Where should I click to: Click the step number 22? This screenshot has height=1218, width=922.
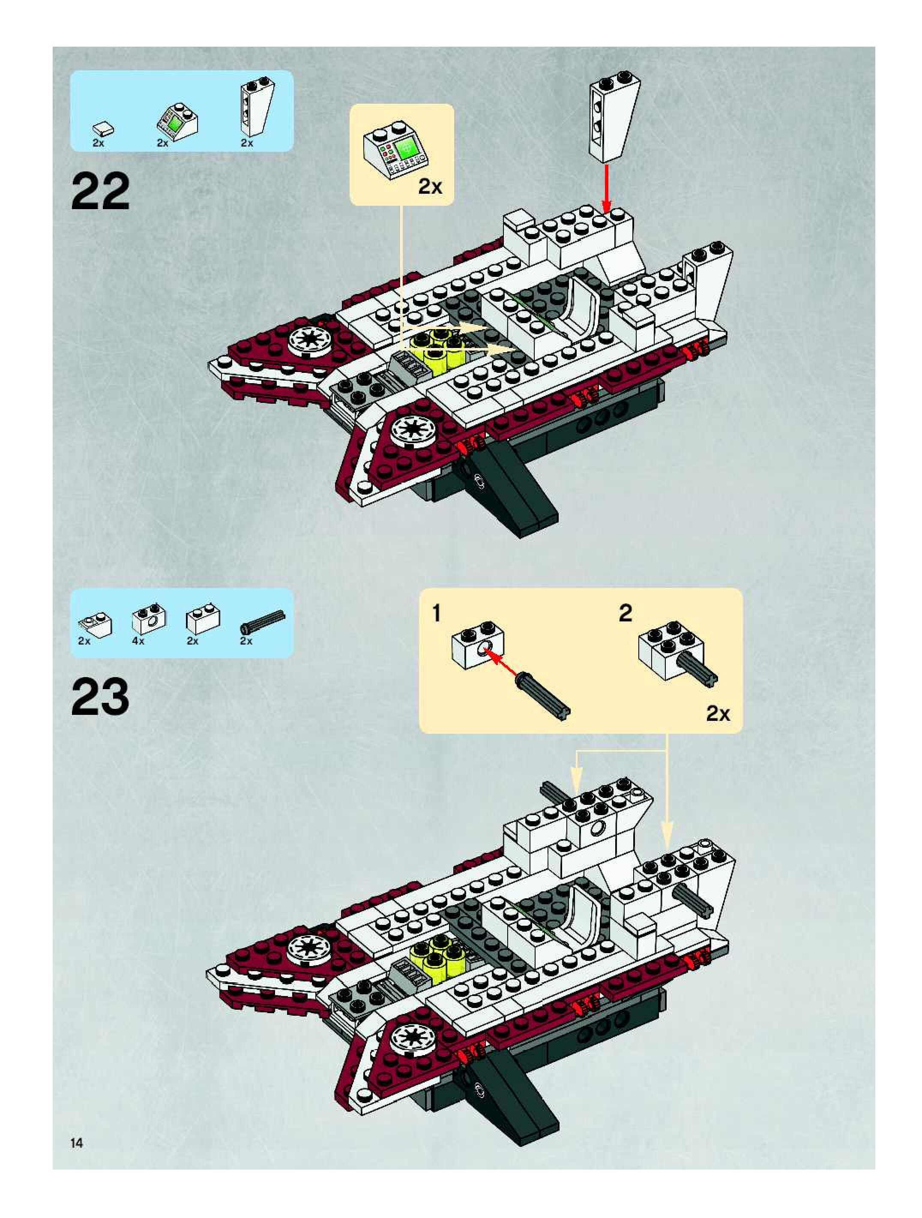(x=100, y=191)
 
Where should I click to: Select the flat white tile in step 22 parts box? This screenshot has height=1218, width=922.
(x=104, y=129)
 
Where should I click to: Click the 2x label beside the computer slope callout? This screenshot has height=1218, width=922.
(x=429, y=187)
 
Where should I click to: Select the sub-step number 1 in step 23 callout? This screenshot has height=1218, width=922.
(x=437, y=613)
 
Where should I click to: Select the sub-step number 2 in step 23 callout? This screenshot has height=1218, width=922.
(x=626, y=613)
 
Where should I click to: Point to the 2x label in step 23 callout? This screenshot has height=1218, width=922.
(x=718, y=714)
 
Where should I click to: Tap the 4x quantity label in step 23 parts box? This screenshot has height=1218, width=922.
(x=138, y=641)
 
